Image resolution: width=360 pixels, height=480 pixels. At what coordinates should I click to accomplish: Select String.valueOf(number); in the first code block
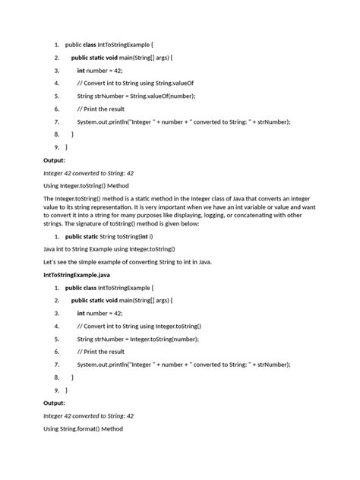pyautogui.click(x=153, y=96)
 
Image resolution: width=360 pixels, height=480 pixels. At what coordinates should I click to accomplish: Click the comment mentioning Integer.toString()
pyautogui.click(x=139, y=326)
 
